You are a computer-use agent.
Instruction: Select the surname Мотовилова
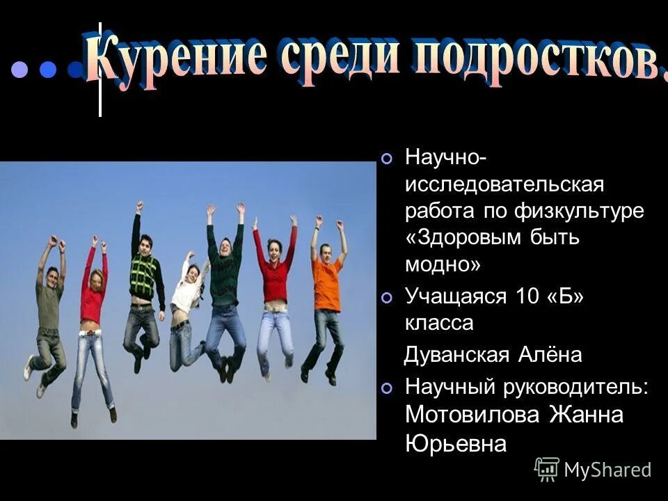473,415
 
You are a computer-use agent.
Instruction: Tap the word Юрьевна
455,443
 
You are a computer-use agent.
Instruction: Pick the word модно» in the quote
442,264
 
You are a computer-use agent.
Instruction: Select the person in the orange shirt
326,292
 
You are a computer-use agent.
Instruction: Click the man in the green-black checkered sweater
145,285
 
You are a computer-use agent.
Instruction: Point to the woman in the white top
186,299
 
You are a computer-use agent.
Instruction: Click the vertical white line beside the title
100,70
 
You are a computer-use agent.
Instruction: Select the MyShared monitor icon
547,470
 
